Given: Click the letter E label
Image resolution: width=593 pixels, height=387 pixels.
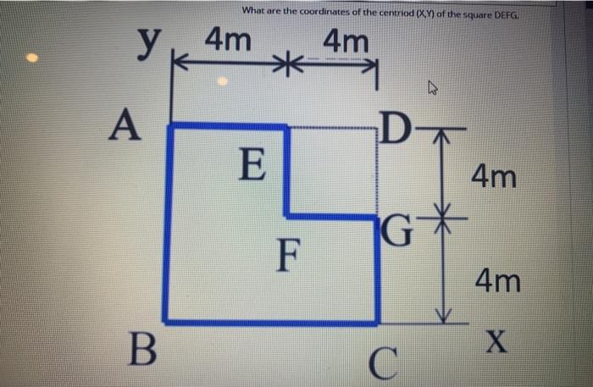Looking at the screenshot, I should click(x=252, y=163).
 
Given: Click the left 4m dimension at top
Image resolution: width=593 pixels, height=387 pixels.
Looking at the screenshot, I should click(x=227, y=39).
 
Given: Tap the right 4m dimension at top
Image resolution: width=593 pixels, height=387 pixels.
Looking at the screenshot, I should click(x=346, y=40).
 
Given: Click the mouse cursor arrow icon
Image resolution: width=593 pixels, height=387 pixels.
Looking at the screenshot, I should click(x=433, y=86).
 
